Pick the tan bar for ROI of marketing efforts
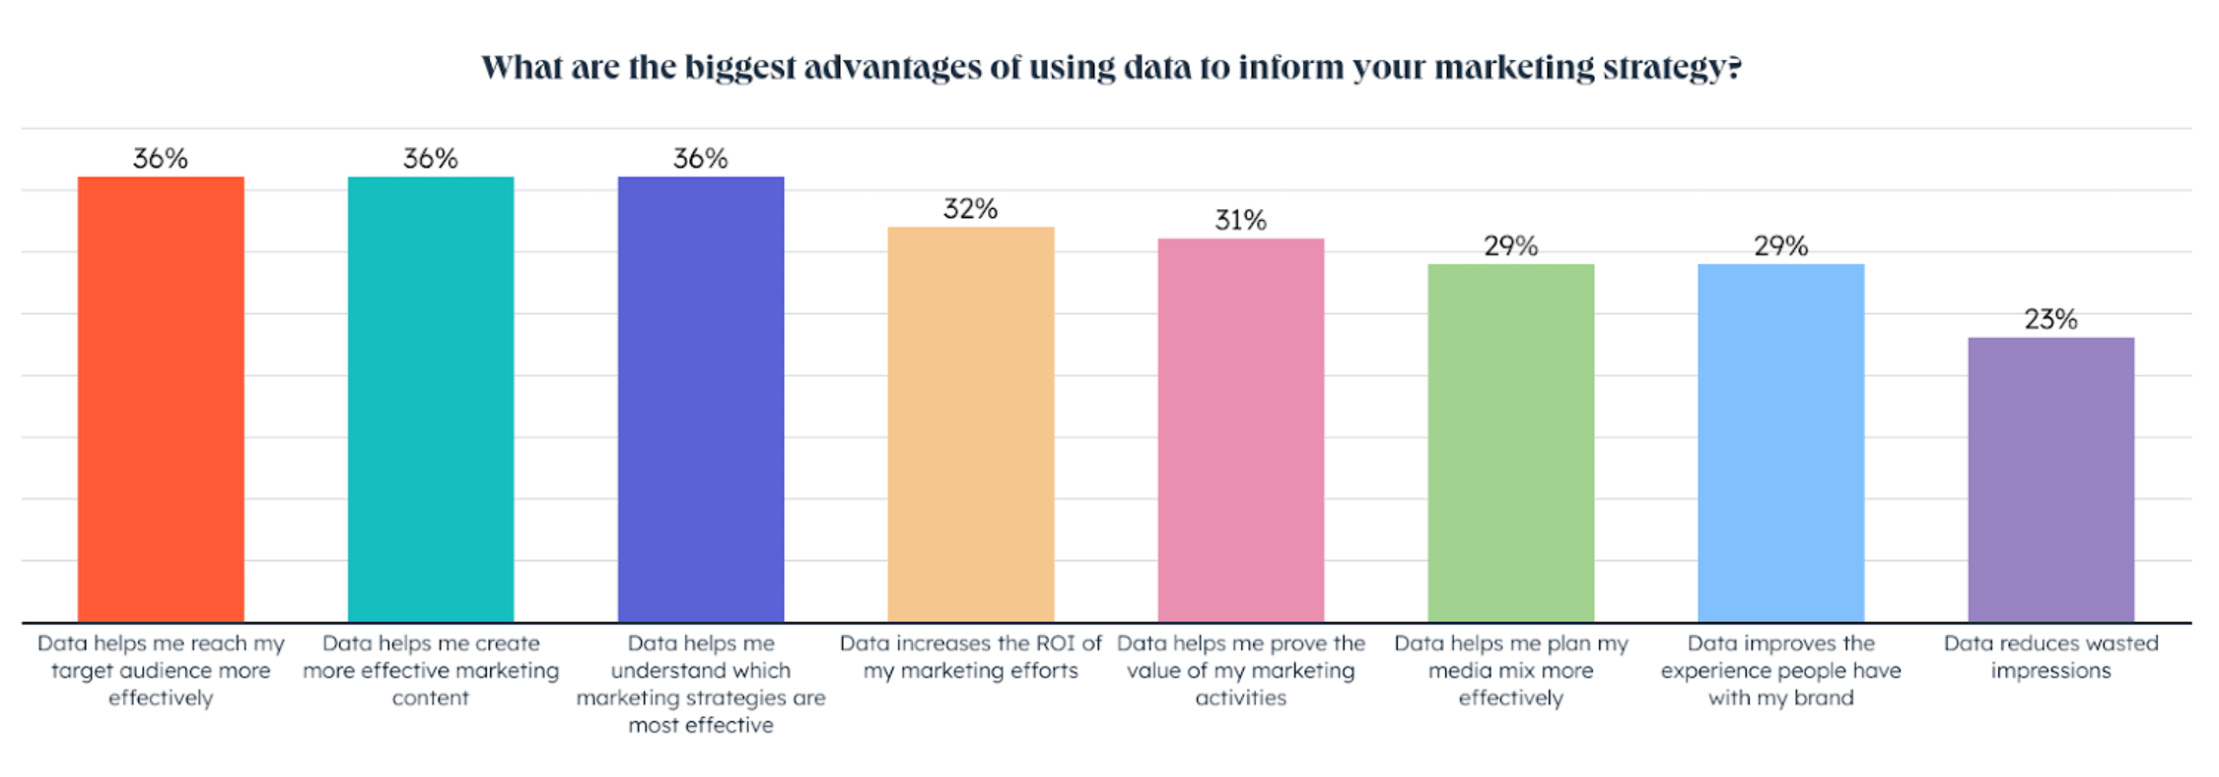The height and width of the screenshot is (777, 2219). click(x=971, y=424)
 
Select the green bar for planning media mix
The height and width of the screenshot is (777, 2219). click(x=1511, y=443)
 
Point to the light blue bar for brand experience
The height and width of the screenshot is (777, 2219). click(x=1781, y=443)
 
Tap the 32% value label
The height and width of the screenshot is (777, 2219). click(x=971, y=209)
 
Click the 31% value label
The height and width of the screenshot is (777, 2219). click(x=1241, y=220)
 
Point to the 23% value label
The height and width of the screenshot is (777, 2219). click(x=2051, y=319)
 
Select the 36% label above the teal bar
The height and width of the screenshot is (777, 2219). click(x=431, y=159)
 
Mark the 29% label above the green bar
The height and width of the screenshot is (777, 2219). click(x=1511, y=246)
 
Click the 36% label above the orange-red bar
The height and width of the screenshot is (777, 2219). click(x=161, y=159)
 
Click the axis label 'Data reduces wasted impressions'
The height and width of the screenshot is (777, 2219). click(x=2051, y=657)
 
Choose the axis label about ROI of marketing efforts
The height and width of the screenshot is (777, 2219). click(x=971, y=657)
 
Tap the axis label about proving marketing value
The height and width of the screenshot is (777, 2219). click(x=1241, y=671)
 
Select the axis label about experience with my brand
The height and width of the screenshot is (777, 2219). click(x=1781, y=671)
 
